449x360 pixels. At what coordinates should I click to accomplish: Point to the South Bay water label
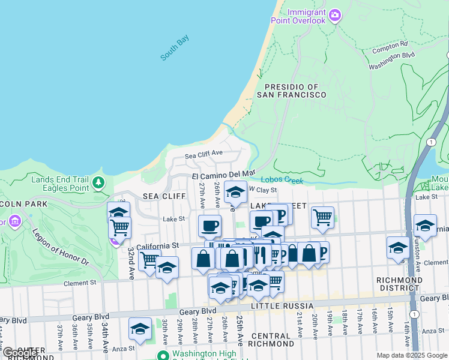coord(175,48)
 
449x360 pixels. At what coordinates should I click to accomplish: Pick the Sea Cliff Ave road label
coord(203,155)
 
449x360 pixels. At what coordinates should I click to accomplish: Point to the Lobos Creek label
coord(282,180)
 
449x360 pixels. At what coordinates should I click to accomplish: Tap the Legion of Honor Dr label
coord(60,247)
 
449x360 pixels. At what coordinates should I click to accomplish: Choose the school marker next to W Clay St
coord(235,192)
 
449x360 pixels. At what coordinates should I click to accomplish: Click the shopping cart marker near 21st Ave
coord(323,217)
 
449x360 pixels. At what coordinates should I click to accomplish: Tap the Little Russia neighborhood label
coord(283,306)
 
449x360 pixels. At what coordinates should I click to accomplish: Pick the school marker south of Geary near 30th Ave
coord(140,329)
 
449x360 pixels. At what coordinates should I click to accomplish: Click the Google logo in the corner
coord(20,353)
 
